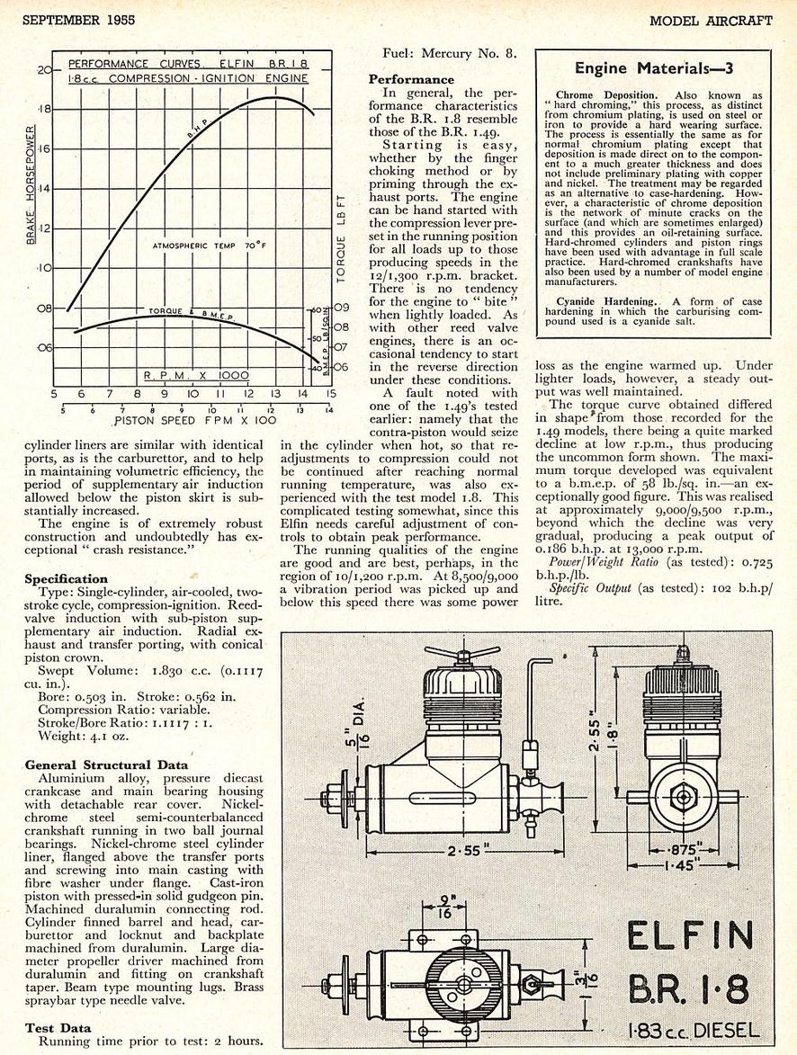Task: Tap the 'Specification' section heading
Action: pos(66,578)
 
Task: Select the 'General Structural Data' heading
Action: pos(106,765)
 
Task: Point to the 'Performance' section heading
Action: pos(411,79)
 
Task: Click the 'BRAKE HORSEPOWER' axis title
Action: pos(31,184)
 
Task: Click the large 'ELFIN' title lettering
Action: pos(690,940)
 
